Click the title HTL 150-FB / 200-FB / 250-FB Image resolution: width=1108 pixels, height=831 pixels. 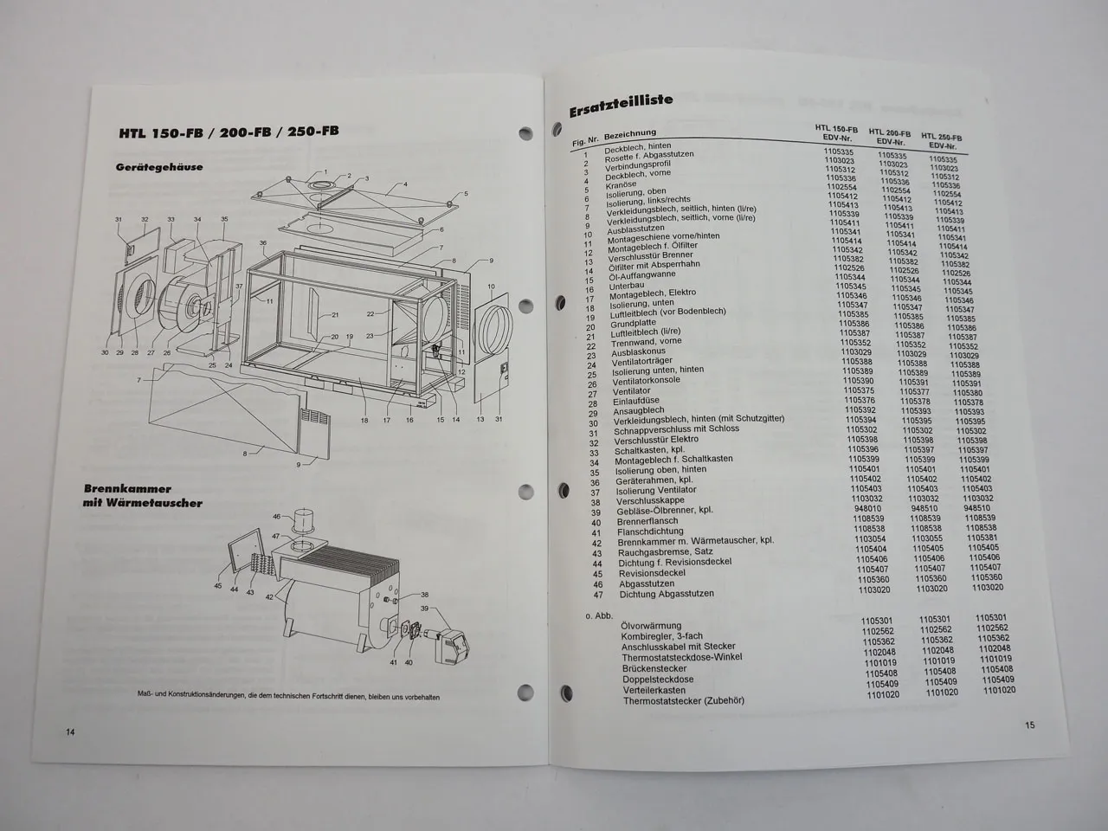pyautogui.click(x=229, y=132)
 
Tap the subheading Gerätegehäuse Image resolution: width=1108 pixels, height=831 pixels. pyautogui.click(x=159, y=166)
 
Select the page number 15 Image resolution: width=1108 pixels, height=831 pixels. pyautogui.click(x=1029, y=725)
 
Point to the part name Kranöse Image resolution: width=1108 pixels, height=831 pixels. pyautogui.click(x=622, y=184)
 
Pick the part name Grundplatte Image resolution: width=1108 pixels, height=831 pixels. pyautogui.click(x=634, y=325)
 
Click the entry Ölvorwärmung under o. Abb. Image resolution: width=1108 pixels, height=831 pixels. pyautogui.click(x=651, y=625)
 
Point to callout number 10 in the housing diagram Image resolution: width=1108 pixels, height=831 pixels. pyautogui.click(x=491, y=287)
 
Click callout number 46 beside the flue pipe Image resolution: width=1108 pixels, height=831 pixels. pyautogui.click(x=276, y=517)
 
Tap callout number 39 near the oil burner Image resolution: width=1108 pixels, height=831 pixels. pyautogui.click(x=424, y=609)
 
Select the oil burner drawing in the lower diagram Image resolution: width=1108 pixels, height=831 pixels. pyautogui.click(x=447, y=646)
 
